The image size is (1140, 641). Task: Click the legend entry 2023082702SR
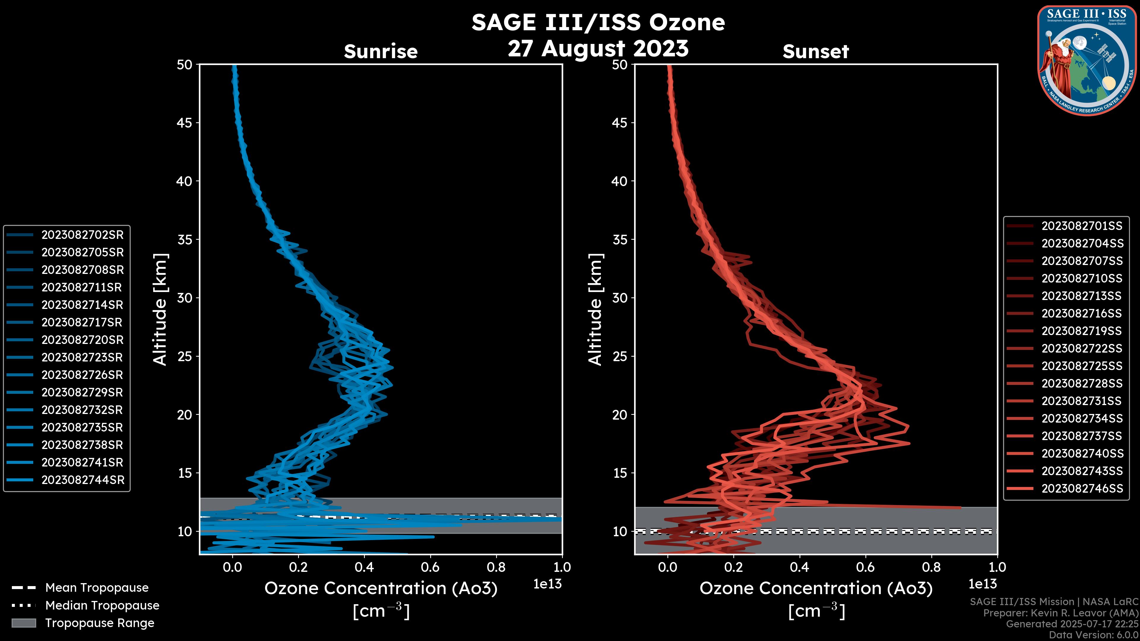82,235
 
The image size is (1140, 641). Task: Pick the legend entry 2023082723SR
82,357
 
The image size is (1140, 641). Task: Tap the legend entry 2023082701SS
1082,226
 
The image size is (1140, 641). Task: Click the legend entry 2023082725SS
1082,366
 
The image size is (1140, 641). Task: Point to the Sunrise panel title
381,51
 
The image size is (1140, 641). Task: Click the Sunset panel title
816,51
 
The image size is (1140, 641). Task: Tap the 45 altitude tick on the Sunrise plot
185,123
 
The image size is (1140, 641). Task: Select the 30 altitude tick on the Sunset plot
620,298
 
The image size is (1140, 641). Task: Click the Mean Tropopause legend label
97,588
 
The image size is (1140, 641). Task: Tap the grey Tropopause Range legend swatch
23,623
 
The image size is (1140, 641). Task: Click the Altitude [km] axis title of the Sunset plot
595,309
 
